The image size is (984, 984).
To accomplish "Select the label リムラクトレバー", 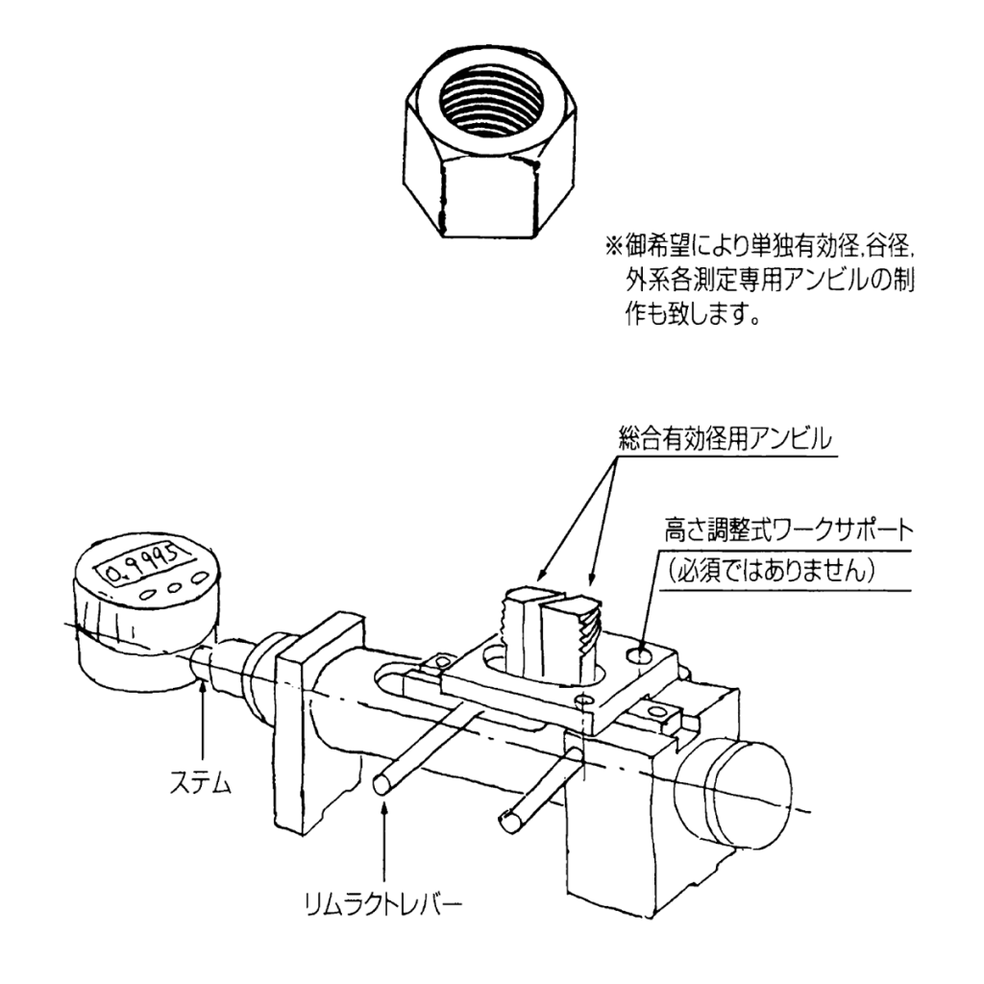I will pyautogui.click(x=385, y=905).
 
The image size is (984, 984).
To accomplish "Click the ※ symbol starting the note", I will pyautogui.click(x=612, y=247).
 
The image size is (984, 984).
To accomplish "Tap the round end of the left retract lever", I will pyautogui.click(x=381, y=786).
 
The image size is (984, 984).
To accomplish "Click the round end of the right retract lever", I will pyautogui.click(x=510, y=820).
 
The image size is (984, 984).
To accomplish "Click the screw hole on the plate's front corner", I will pyautogui.click(x=580, y=700).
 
